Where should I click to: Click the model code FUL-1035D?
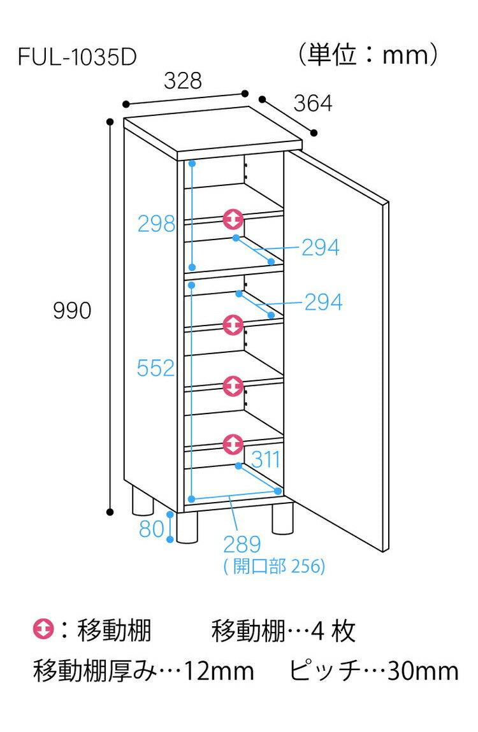[77, 57]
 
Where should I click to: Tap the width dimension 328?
[183, 80]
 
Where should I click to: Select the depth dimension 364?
[312, 103]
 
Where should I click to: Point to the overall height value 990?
[72, 310]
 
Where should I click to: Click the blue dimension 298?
[157, 224]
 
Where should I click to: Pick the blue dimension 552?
[156, 368]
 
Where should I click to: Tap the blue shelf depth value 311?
[265, 459]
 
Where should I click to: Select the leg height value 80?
[152, 529]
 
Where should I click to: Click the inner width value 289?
[242, 544]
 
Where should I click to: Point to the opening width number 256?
[307, 566]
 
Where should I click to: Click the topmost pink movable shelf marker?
[233, 219]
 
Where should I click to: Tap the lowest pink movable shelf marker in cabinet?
[233, 444]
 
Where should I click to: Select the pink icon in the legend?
[43, 629]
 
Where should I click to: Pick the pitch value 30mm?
[423, 671]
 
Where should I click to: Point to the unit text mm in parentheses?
[405, 56]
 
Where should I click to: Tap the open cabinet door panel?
[339, 350]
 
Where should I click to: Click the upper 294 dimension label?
[321, 247]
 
